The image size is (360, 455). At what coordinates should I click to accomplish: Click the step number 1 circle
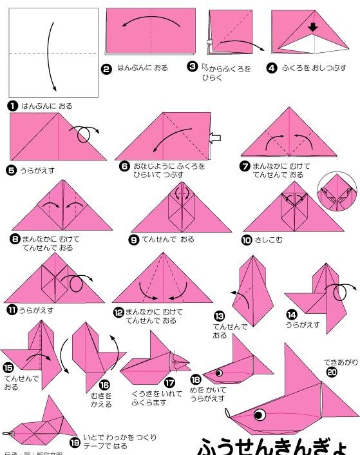(14, 106)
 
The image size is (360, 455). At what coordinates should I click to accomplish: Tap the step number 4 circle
(271, 68)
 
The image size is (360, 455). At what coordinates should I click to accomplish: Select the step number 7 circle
(245, 166)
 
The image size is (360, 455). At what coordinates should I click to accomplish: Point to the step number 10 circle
(247, 240)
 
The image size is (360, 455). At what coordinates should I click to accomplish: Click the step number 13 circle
(220, 316)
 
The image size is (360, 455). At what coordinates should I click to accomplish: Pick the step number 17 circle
(170, 382)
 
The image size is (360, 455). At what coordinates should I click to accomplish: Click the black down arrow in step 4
(312, 28)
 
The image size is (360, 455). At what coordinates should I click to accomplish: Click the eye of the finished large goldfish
(260, 414)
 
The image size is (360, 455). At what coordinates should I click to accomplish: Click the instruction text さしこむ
(269, 240)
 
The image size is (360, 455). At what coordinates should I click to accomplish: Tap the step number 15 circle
(10, 368)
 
